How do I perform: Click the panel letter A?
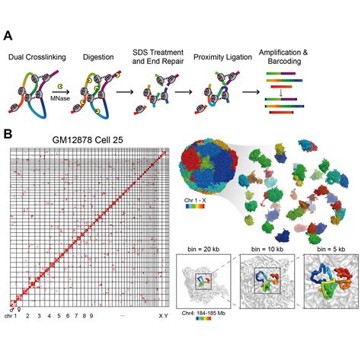tap(8, 36)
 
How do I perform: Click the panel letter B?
tap(8, 134)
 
